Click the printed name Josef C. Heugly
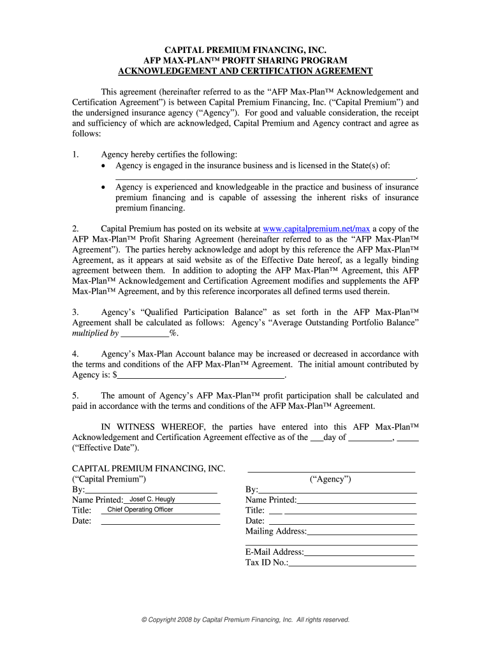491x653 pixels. (152, 499)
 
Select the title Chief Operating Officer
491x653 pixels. (140, 510)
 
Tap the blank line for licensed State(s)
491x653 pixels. (265, 177)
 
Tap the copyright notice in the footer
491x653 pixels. (246, 619)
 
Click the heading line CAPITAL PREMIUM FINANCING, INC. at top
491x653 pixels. (246, 50)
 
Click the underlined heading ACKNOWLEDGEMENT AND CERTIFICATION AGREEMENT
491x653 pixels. (246, 71)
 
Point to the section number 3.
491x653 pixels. (75, 312)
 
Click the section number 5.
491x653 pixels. (75, 396)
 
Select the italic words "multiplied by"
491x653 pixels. (95, 334)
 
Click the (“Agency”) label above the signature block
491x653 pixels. (330, 480)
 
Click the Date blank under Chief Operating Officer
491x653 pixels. (160, 521)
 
